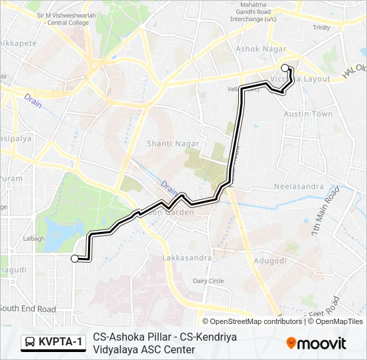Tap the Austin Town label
[308, 114]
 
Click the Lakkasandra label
[187, 257]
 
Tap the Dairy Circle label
[208, 281]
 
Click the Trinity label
[321, 27]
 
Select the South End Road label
[28, 309]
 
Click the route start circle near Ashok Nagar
[286, 67]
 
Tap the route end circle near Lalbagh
[74, 258]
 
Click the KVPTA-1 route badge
[54, 343]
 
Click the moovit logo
[316, 343]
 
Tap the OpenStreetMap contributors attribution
[252, 321]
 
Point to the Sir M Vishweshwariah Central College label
[63, 18]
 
